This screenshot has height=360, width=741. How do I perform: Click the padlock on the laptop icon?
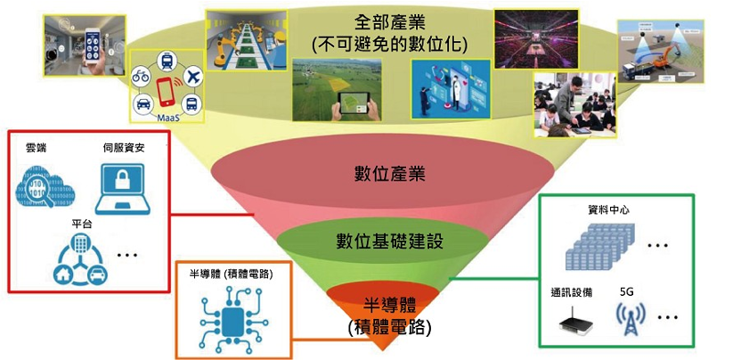click(122, 181)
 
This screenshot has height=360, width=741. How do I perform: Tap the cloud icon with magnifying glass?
click(45, 189)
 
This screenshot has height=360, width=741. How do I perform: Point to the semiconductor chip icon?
click(232, 320)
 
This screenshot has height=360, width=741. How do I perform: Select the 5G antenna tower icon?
click(631, 320)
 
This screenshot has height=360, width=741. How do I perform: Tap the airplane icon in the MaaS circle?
click(191, 78)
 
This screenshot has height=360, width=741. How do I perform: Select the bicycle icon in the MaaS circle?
click(141, 77)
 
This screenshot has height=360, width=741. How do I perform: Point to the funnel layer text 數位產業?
click(389, 174)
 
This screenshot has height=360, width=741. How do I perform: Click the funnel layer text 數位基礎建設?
click(389, 241)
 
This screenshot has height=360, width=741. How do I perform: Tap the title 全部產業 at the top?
click(389, 22)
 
